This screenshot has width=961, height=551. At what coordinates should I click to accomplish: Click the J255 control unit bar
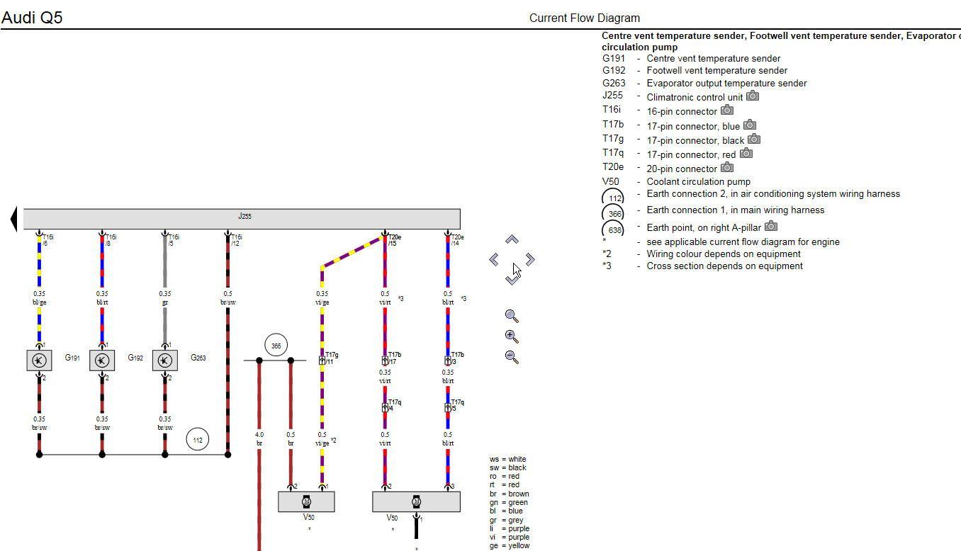[242, 218]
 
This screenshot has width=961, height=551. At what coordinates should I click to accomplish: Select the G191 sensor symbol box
[39, 360]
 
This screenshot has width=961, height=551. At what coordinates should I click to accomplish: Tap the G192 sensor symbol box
[102, 360]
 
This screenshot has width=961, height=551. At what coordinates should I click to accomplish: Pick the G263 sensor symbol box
[164, 360]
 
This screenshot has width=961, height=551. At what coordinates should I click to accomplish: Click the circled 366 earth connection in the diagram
[276, 346]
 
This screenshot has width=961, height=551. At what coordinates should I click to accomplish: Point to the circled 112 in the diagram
[198, 440]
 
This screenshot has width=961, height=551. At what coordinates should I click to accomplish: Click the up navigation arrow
[512, 240]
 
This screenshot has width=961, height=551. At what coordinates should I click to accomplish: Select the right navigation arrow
[530, 260]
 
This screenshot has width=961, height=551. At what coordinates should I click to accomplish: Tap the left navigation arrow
[494, 260]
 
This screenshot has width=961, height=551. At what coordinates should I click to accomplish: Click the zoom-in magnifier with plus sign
[512, 336]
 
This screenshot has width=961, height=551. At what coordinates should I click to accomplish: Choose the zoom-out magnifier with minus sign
[512, 356]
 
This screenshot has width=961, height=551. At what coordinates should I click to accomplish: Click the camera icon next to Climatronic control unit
[753, 96]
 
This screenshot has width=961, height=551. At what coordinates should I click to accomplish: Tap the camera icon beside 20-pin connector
[727, 168]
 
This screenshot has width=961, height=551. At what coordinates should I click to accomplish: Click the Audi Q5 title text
[32, 18]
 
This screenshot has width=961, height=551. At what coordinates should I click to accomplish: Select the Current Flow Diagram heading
[584, 18]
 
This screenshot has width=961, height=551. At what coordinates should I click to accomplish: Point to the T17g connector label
[331, 355]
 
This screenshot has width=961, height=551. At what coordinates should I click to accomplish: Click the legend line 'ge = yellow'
[509, 545]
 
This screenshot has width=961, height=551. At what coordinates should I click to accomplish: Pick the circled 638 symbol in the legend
[613, 229]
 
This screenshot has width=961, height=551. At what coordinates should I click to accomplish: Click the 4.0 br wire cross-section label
[259, 439]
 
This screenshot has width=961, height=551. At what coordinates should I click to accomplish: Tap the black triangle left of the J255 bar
[13, 218]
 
